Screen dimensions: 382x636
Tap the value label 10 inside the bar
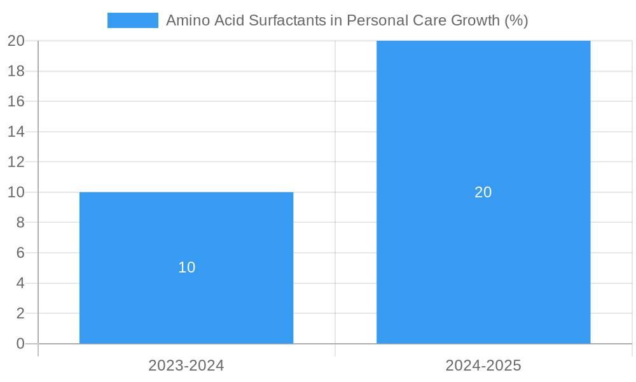(186, 267)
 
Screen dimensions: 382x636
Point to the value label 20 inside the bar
(483, 192)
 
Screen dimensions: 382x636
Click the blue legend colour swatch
(132, 20)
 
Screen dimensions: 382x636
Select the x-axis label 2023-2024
(186, 365)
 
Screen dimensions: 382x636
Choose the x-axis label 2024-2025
(483, 365)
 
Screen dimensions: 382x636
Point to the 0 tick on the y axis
(20, 344)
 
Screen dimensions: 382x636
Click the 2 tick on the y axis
(20, 313)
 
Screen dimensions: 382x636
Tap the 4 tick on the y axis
(20, 283)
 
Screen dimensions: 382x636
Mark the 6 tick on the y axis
(20, 253)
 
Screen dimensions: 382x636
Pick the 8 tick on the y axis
(20, 222)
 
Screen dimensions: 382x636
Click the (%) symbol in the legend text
(516, 20)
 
